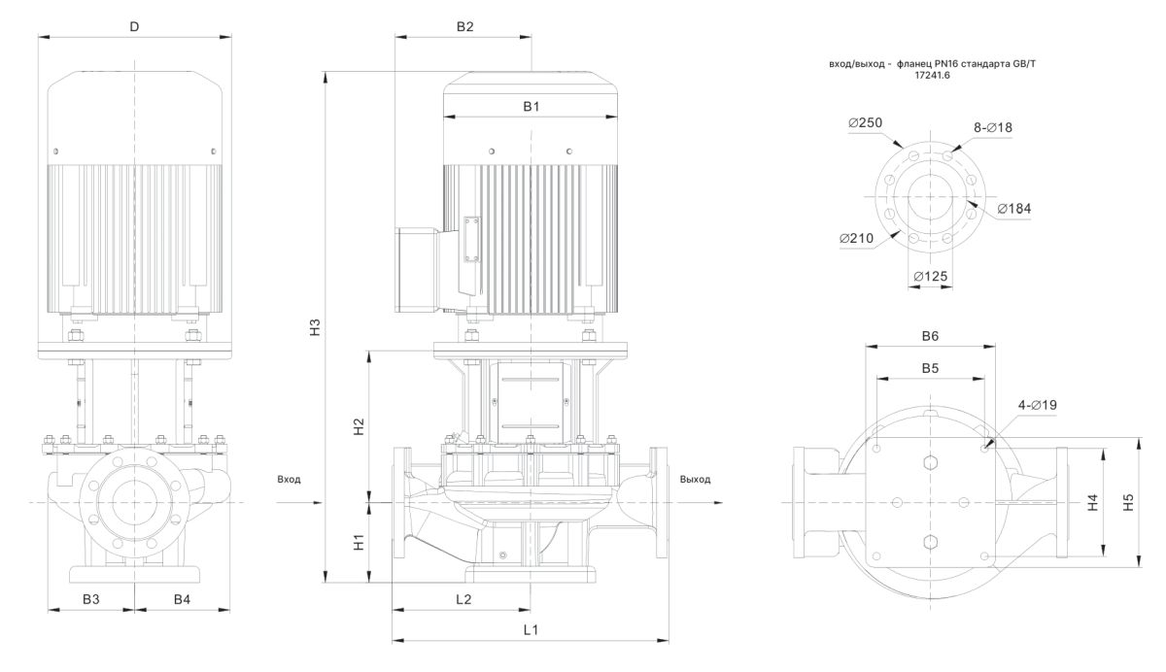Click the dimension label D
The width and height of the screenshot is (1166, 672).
[x=134, y=26]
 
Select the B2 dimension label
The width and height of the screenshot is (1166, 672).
[x=464, y=26]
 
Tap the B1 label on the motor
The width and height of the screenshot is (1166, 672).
[x=531, y=106]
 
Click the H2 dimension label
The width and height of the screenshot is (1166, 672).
[x=358, y=425]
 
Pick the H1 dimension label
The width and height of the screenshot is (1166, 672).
[x=358, y=542]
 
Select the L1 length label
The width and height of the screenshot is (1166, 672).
[x=531, y=629]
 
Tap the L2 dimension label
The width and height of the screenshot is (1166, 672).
[x=463, y=599]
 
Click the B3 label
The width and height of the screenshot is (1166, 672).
[x=90, y=599]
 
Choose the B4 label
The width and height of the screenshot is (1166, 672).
[x=182, y=599]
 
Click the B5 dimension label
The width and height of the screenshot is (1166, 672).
[x=930, y=368]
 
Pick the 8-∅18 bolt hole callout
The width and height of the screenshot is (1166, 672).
[x=993, y=127]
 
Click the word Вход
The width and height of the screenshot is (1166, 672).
[x=290, y=480]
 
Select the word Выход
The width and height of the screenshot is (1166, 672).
[x=696, y=480]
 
